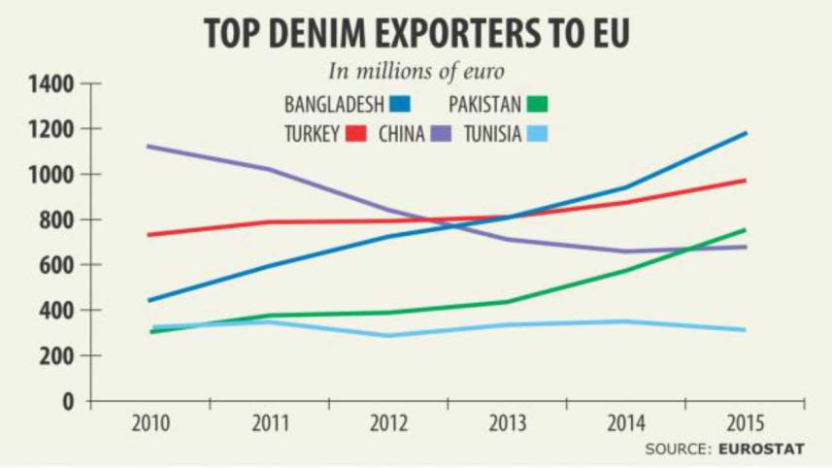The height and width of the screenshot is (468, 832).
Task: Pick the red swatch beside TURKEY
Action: (x=355, y=134)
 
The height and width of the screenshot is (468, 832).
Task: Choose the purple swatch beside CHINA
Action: (x=443, y=134)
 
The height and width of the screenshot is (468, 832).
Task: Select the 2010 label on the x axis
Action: (x=150, y=424)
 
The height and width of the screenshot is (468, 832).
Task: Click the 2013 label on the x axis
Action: (x=507, y=424)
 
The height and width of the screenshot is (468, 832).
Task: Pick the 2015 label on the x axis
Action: (x=745, y=424)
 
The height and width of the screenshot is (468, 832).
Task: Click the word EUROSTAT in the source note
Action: (x=761, y=449)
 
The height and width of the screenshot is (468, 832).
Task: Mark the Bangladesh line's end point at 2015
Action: (x=746, y=133)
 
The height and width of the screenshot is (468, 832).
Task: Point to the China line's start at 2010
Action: (x=149, y=147)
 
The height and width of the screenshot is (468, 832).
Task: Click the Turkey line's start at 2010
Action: (x=149, y=235)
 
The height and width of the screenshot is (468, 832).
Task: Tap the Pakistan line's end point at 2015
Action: (x=746, y=230)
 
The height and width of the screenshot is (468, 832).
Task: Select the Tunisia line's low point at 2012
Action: (x=388, y=336)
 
